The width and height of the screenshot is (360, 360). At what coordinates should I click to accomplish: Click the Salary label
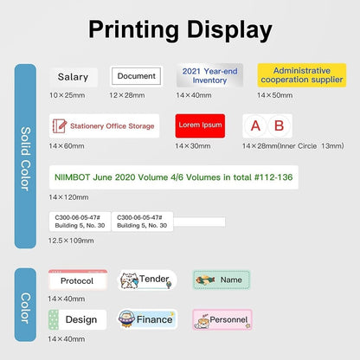[73, 77]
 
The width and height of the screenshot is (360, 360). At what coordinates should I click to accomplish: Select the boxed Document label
[137, 76]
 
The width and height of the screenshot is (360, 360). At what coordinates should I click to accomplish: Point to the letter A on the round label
[255, 125]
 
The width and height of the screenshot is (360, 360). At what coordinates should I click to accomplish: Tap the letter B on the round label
[279, 125]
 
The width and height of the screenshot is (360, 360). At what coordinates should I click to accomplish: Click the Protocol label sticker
[78, 280]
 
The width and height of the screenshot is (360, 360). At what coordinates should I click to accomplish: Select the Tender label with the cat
[147, 280]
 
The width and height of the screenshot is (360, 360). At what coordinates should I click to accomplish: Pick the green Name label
[222, 280]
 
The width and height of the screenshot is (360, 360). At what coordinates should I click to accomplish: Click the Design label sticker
[78, 319]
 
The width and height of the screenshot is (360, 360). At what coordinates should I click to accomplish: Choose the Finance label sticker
[148, 320]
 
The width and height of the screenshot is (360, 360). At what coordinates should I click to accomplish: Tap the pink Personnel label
[222, 320]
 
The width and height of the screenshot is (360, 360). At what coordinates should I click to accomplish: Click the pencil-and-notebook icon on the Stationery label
[60, 125]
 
